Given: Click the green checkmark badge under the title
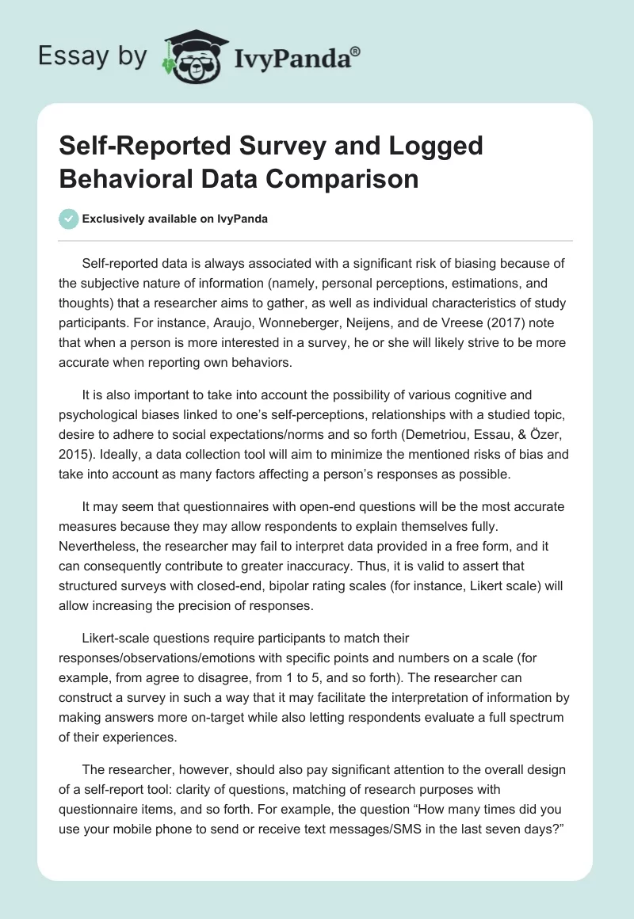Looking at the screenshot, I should coord(69,219).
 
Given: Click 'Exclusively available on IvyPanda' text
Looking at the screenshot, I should coord(175,219).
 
